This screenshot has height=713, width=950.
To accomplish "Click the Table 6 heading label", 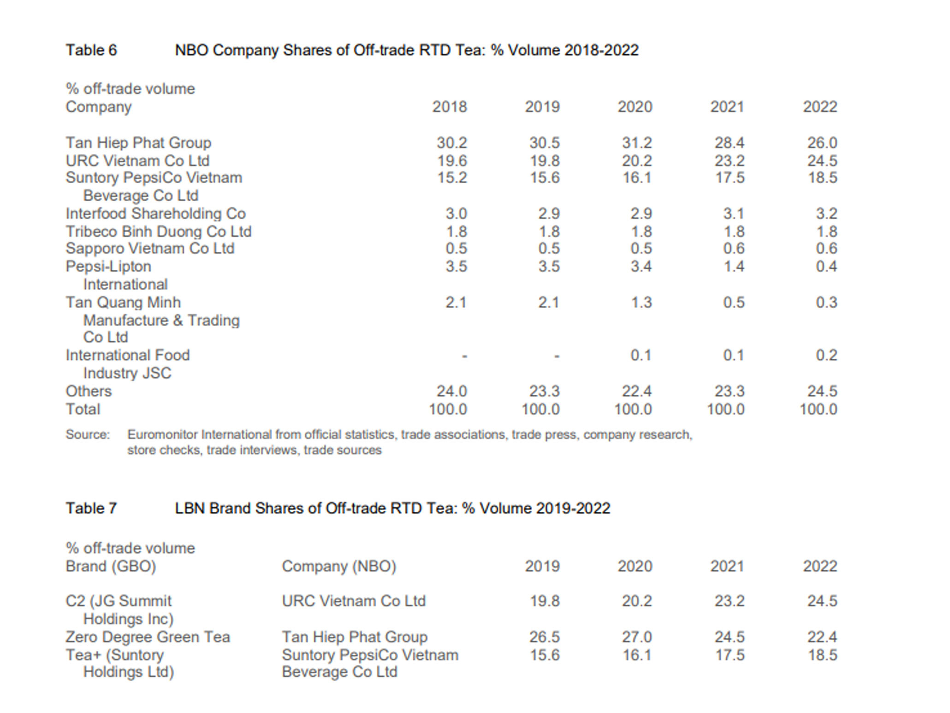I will (91, 50).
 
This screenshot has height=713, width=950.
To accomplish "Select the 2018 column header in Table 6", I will (449, 107).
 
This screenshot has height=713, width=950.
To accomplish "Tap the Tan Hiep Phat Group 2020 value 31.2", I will (637, 143).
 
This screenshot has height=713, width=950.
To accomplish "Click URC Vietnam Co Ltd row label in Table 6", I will (137, 161).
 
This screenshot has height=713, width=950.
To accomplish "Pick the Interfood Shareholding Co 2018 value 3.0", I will (456, 214).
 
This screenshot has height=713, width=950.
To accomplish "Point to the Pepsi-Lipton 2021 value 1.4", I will (733, 267).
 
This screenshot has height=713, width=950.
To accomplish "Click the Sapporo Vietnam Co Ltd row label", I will (150, 249).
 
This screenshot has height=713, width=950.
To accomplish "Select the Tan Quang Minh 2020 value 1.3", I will (641, 303).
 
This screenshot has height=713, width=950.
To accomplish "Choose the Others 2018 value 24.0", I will (451, 392).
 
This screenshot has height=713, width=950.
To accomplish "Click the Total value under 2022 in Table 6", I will (818, 410).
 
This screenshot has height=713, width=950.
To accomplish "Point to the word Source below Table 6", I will (88, 435).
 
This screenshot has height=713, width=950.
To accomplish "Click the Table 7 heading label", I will (91, 508).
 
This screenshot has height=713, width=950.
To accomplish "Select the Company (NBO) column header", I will (339, 566).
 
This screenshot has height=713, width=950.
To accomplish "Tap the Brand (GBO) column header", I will (111, 566).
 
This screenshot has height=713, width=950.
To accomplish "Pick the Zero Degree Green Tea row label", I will (148, 637).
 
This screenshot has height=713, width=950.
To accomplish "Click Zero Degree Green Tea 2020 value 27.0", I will (637, 637).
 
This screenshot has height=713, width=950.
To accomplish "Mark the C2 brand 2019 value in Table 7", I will (544, 601).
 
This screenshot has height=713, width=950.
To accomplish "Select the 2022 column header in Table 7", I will (819, 566).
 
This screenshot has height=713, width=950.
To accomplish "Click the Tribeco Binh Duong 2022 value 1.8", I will (826, 232).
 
